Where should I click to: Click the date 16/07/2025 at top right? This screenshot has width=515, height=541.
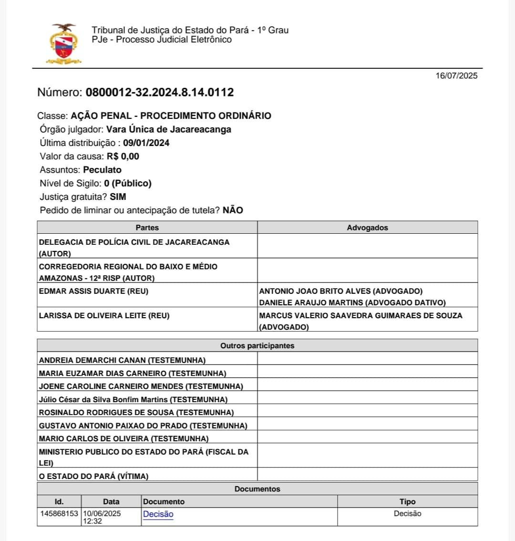click(x=456, y=76)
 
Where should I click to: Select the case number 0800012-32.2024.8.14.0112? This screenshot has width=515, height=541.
click(x=160, y=93)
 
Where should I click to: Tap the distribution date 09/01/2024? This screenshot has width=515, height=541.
click(x=146, y=143)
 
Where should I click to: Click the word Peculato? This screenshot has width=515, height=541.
click(x=102, y=170)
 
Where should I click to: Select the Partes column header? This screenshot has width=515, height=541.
click(x=147, y=228)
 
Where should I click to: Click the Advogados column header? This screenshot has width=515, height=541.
click(x=367, y=228)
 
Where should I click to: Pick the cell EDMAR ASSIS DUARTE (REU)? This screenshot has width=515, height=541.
click(x=93, y=291)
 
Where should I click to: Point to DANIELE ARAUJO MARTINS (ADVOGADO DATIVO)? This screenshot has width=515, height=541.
click(x=352, y=302)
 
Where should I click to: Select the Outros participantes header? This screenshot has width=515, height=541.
click(x=257, y=345)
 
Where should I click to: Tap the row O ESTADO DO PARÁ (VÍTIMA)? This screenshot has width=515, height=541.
click(x=93, y=476)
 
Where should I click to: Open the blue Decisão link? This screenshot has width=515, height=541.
click(x=158, y=514)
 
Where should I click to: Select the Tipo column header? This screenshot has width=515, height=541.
click(x=407, y=501)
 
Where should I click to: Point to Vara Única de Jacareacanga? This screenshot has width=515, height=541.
click(x=168, y=129)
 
